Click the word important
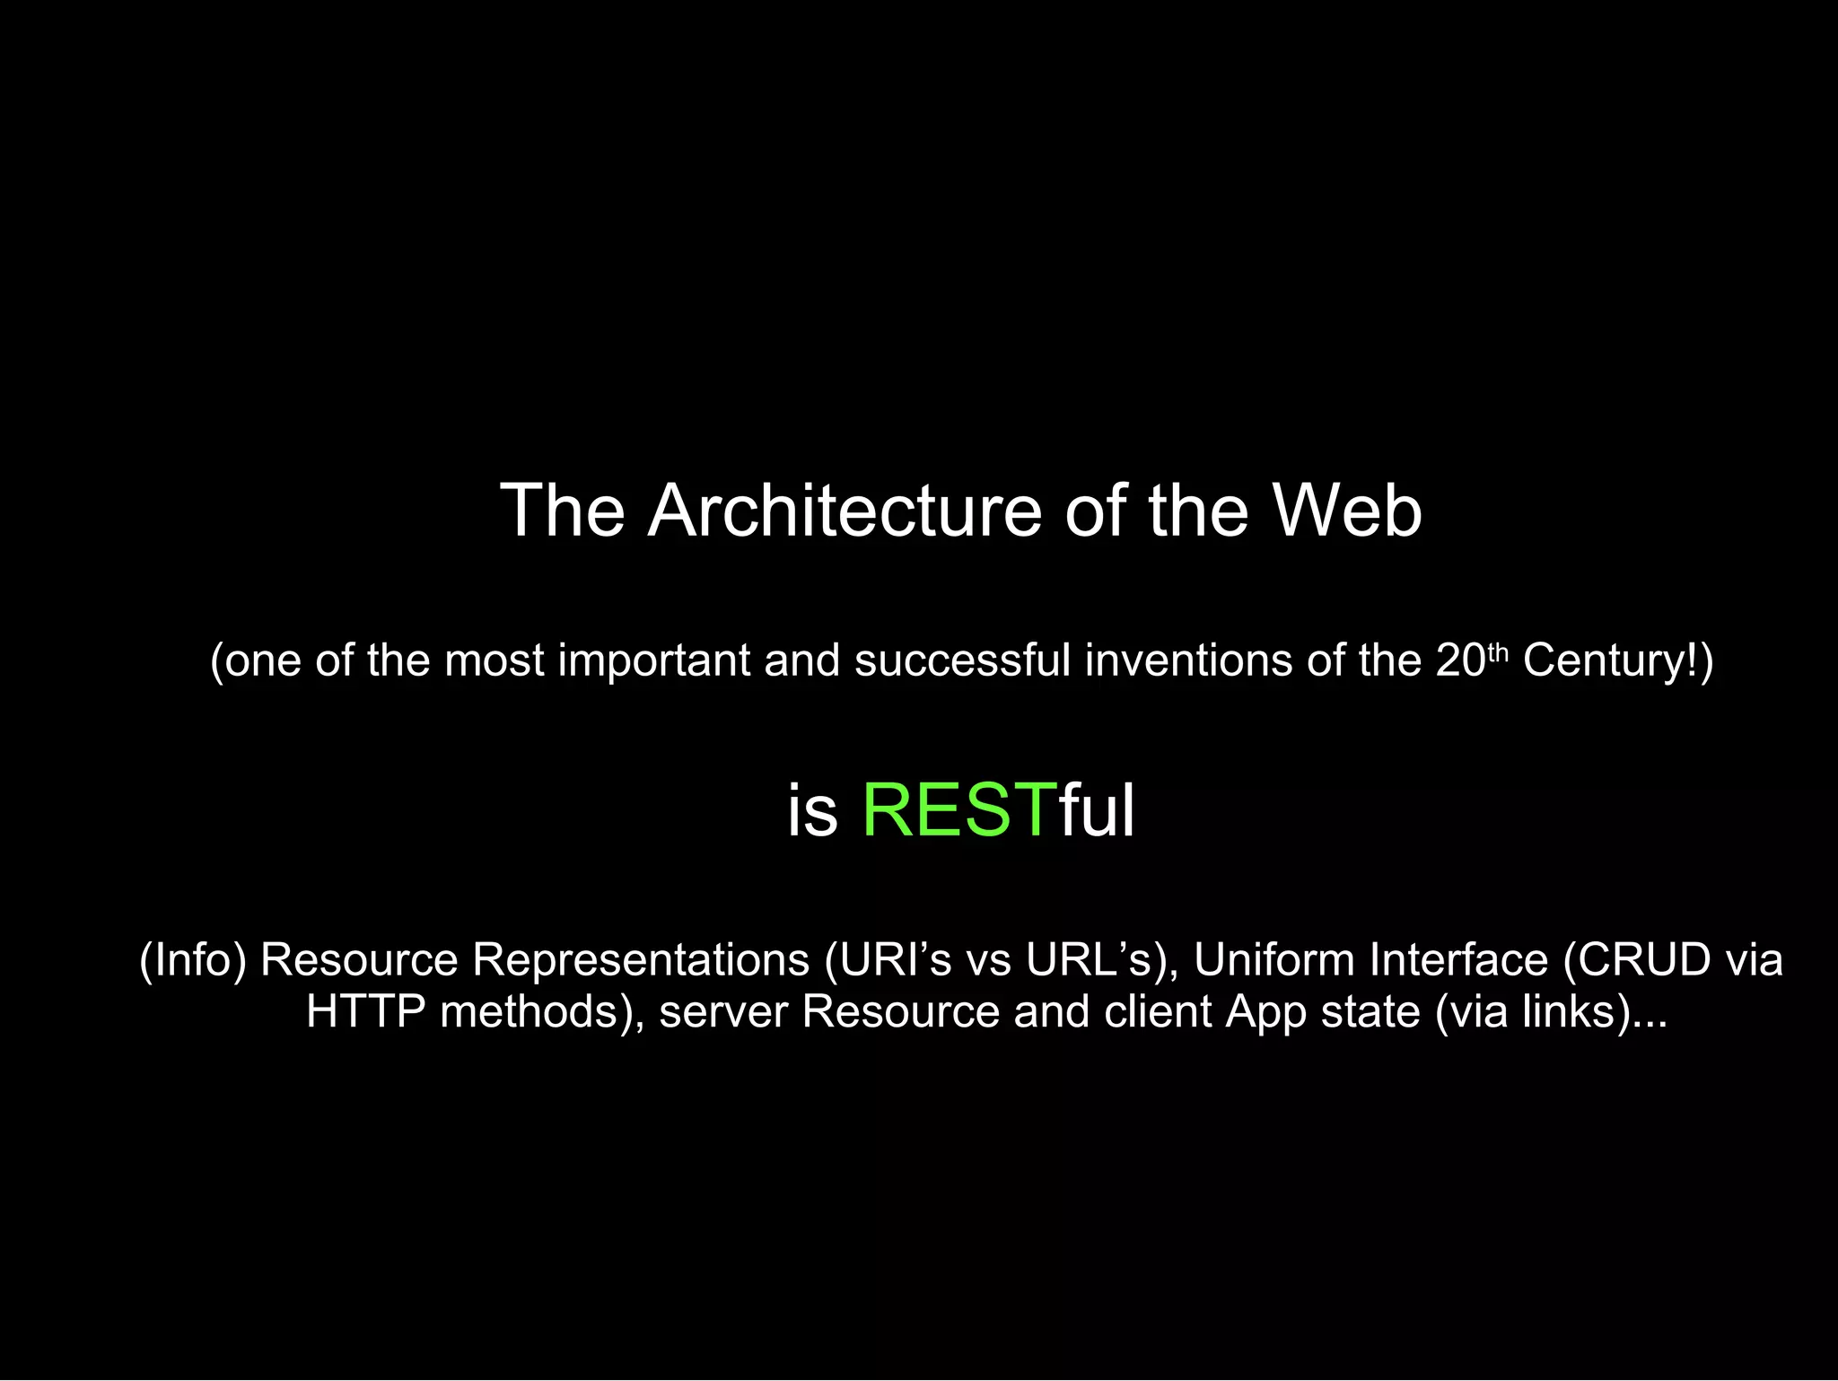click(x=653, y=660)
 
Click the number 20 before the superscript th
click(x=1460, y=660)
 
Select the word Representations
click(x=641, y=960)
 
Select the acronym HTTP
click(x=365, y=1012)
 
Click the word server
click(x=723, y=1012)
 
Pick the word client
click(x=1158, y=1012)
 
